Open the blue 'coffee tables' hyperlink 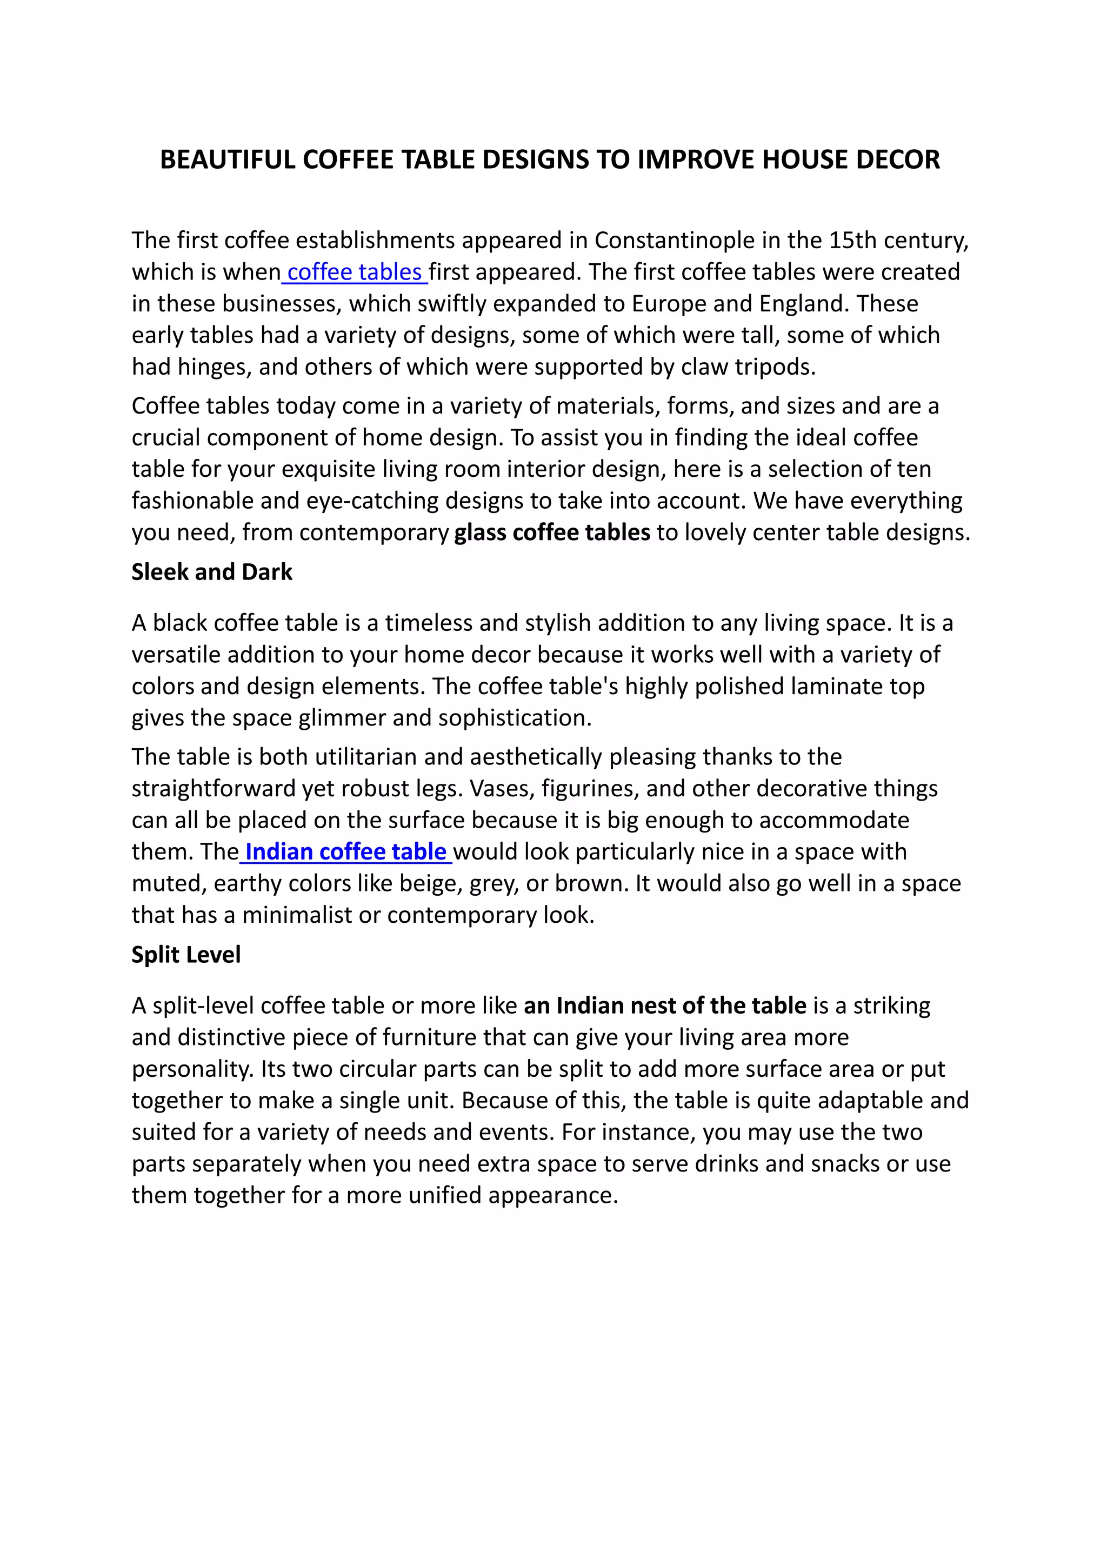tap(355, 272)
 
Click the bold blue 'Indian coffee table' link tap(345, 852)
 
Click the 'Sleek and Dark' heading tap(211, 572)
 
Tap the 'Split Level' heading tap(185, 955)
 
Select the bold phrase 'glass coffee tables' tap(552, 532)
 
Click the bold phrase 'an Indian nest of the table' tap(665, 1006)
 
